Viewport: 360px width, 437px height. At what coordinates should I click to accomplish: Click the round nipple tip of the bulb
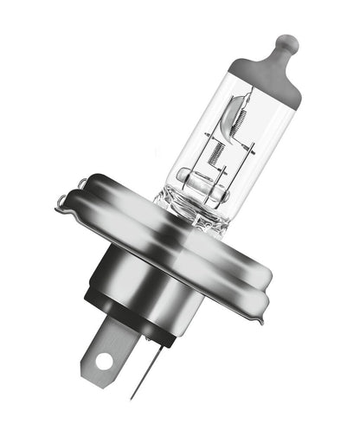coord(286,41)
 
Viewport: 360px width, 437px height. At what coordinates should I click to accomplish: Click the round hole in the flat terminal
coord(104,357)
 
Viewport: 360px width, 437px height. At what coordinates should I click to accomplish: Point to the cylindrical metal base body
coord(143,273)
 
